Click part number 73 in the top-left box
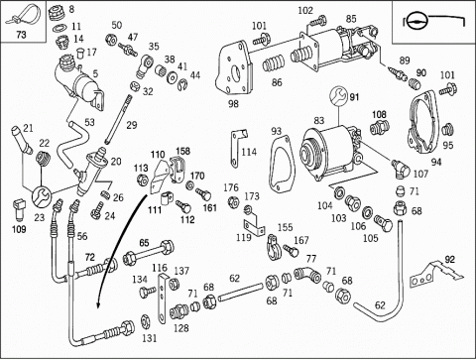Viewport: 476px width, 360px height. (21, 35)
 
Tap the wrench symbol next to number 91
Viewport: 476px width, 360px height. (339, 96)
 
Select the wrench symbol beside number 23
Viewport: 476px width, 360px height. (42, 197)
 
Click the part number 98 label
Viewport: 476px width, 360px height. (233, 104)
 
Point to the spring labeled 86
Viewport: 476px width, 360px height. (274, 63)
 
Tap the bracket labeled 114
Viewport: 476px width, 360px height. (237, 148)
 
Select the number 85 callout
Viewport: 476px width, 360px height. (351, 19)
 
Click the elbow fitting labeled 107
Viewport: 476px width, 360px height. (401, 168)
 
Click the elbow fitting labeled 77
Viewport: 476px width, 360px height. (307, 275)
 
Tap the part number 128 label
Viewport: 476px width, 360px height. (181, 328)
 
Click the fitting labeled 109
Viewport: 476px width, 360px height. (20, 209)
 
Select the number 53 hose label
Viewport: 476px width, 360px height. (89, 122)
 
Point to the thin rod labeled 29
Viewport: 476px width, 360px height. (117, 119)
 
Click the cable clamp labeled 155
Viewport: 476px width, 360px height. (274, 247)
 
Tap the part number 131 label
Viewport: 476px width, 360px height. (150, 338)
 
